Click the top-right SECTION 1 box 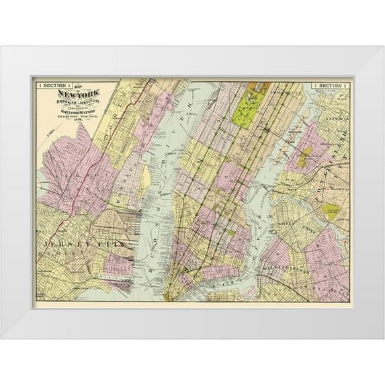coord(329,85)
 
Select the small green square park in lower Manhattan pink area coord(231,232)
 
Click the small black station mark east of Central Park coord(267,128)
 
